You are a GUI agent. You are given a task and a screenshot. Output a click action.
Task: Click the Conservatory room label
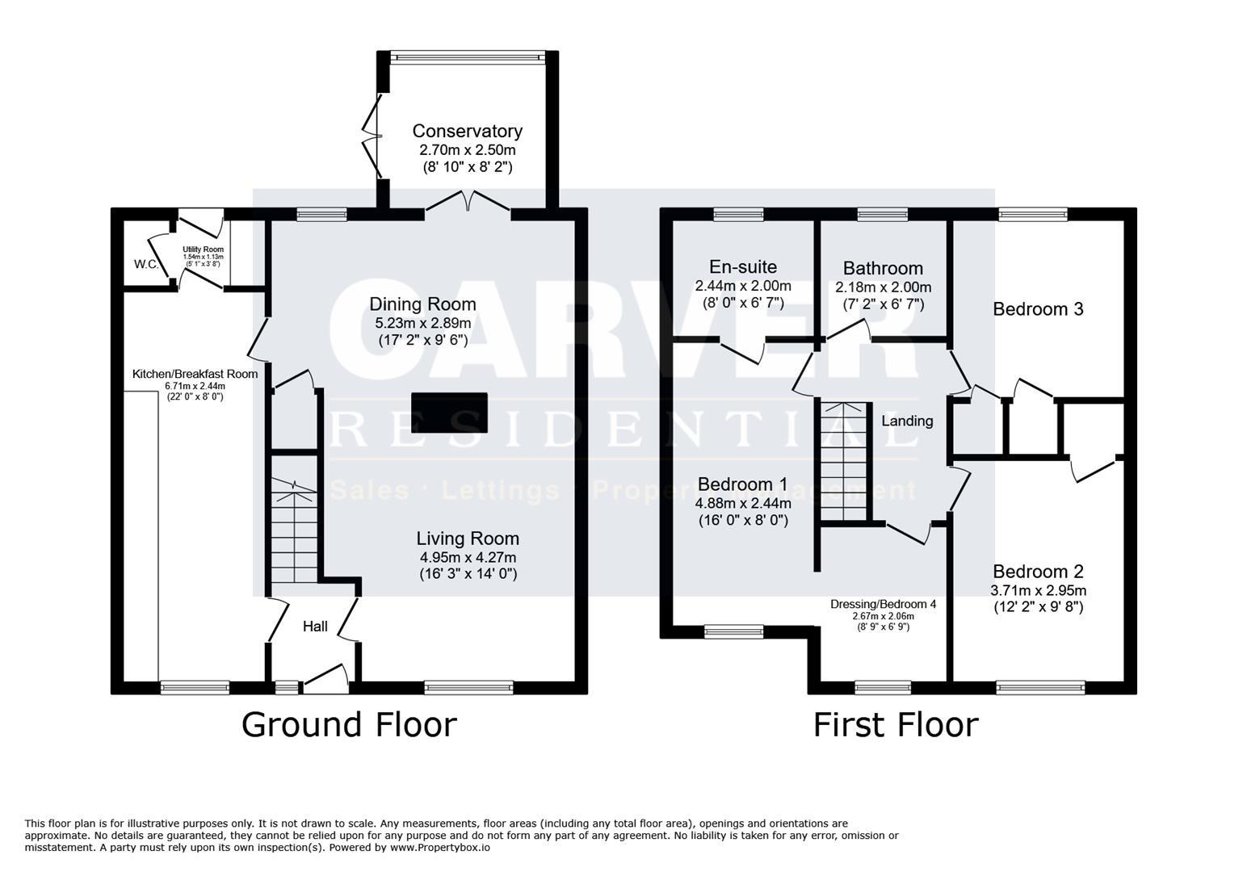(467, 131)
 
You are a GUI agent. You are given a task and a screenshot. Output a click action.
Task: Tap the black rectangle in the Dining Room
(449, 413)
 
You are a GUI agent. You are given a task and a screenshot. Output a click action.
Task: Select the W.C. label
(146, 264)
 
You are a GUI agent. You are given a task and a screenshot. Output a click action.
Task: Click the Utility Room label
(203, 249)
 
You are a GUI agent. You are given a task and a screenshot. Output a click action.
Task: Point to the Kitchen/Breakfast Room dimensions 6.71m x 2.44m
(195, 386)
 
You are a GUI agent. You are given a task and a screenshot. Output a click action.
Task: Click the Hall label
(315, 627)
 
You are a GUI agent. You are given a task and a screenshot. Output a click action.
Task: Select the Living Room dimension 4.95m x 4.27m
(468, 557)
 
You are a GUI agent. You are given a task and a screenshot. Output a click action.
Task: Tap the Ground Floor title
(349, 724)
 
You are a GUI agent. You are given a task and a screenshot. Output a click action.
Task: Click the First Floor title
(895, 724)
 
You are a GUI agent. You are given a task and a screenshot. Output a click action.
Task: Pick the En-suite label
(743, 267)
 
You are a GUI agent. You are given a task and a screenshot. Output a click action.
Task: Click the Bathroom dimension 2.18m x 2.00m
(883, 287)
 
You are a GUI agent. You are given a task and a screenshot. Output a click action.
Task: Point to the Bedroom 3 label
(1038, 309)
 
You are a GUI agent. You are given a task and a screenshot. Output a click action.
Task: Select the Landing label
(907, 421)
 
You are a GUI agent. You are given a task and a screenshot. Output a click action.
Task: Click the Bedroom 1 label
(743, 484)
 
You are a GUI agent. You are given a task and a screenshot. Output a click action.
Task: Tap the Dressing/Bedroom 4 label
(883, 604)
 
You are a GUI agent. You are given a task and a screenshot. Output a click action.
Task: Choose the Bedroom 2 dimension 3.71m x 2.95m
(1038, 590)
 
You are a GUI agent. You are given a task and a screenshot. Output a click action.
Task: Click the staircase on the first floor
(844, 460)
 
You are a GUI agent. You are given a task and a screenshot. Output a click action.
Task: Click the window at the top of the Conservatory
(467, 57)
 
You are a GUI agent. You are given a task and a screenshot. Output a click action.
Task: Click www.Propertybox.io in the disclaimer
(440, 848)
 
